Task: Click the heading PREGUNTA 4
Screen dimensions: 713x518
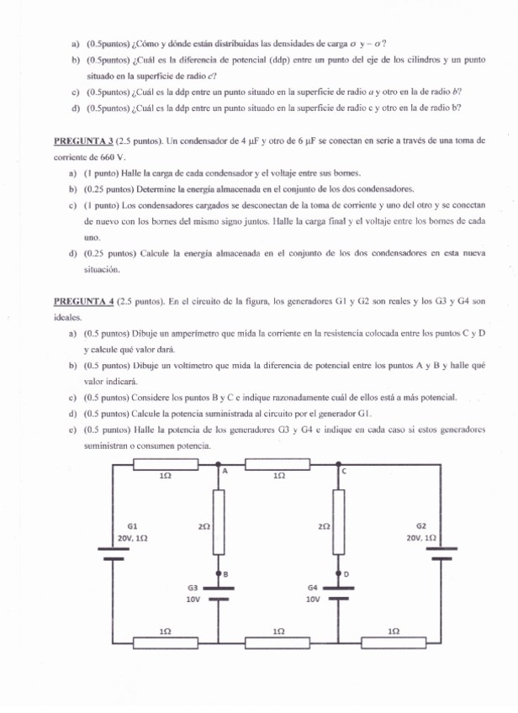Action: point(86,300)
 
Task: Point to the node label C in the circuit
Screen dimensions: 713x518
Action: point(343,472)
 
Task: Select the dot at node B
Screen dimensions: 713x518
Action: point(219,572)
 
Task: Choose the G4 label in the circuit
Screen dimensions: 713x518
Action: point(313,588)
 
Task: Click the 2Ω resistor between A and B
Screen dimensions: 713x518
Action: point(219,522)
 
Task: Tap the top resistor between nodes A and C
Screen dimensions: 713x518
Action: point(278,464)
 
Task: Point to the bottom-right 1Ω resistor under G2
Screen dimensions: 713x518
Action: point(394,643)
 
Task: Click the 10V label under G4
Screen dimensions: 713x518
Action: point(313,600)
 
